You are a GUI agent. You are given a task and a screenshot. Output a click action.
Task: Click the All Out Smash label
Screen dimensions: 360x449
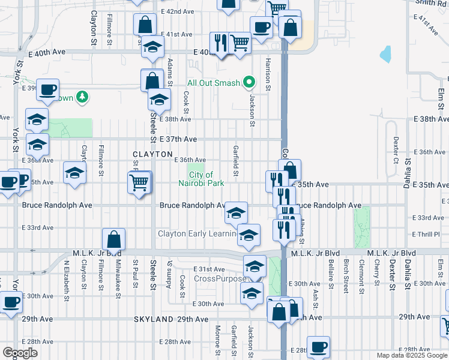213,83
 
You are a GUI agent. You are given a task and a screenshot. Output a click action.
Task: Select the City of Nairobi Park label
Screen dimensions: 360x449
201,179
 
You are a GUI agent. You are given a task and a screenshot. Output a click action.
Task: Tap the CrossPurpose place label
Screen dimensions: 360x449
220,279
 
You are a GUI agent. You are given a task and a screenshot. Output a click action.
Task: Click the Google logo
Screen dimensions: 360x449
20,353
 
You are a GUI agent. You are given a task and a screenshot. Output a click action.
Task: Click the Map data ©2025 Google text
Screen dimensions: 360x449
412,355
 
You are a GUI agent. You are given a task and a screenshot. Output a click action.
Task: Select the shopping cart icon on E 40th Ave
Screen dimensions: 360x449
240,43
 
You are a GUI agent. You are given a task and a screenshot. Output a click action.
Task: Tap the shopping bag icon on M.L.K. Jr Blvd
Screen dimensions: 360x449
113,240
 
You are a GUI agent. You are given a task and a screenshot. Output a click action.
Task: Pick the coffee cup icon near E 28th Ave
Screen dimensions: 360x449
318,347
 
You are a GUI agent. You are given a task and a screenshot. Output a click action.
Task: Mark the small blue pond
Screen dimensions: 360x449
385,55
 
